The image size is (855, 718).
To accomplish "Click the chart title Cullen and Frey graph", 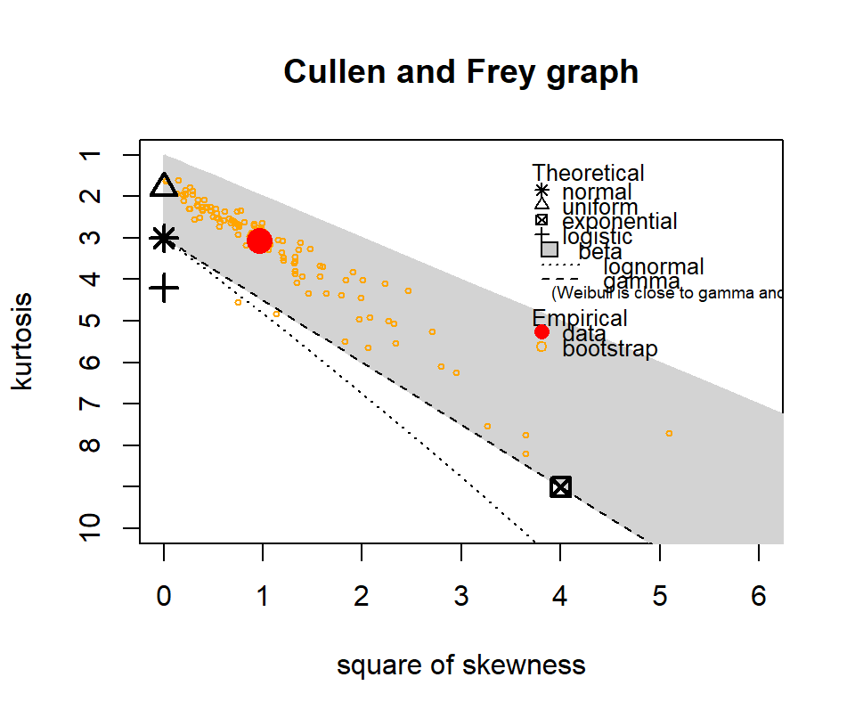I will pyautogui.click(x=461, y=71).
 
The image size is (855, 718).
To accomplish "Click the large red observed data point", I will pyautogui.click(x=259, y=241).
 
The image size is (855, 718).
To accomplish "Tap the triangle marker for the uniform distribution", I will pyautogui.click(x=164, y=185).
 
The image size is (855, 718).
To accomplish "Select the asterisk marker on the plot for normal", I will pyautogui.click(x=164, y=238).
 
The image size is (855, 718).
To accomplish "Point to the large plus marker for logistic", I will pyautogui.click(x=164, y=288).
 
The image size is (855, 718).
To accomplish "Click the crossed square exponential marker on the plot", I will pyautogui.click(x=560, y=486).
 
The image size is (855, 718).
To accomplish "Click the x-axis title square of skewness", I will pyautogui.click(x=461, y=665).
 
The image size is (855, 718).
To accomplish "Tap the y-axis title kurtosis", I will pyautogui.click(x=24, y=341).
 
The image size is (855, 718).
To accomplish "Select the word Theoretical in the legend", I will pyautogui.click(x=588, y=173).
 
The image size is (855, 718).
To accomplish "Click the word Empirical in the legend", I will pyautogui.click(x=580, y=318).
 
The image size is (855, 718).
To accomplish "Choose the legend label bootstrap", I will pyautogui.click(x=610, y=348).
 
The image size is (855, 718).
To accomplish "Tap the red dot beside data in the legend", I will pyautogui.click(x=541, y=332).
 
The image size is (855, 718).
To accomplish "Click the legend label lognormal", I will pyautogui.click(x=654, y=266).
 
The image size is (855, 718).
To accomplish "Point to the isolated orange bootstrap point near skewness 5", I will pyautogui.click(x=669, y=433).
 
